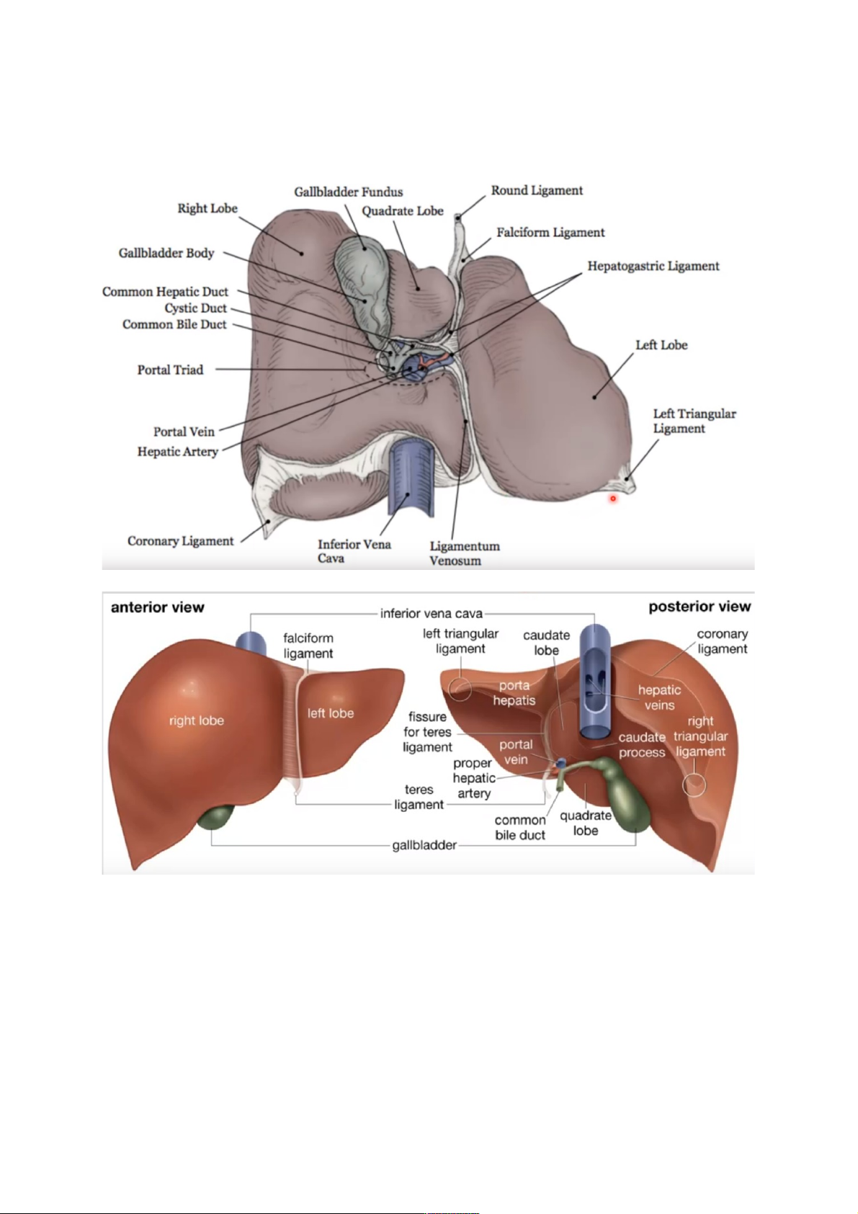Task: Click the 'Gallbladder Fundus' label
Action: pos(348,192)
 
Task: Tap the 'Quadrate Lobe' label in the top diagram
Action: pos(402,211)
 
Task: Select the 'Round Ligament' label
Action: pos(537,190)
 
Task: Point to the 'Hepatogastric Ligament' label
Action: pos(653,266)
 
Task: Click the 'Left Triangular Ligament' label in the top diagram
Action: pos(694,421)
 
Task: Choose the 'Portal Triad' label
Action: pos(170,370)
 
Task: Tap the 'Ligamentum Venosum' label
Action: pos(464,553)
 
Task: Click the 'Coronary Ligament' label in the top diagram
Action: pos(180,541)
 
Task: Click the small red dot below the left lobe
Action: pos(613,498)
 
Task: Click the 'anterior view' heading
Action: pos(157,607)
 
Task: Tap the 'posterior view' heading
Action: pos(699,607)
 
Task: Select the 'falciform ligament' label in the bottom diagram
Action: pos(308,646)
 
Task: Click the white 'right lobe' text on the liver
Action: pos(196,720)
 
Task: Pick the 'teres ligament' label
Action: pos(419,797)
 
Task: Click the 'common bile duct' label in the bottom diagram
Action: pos(519,828)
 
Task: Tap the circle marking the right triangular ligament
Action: pos(694,785)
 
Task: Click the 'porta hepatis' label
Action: pos(514,692)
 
